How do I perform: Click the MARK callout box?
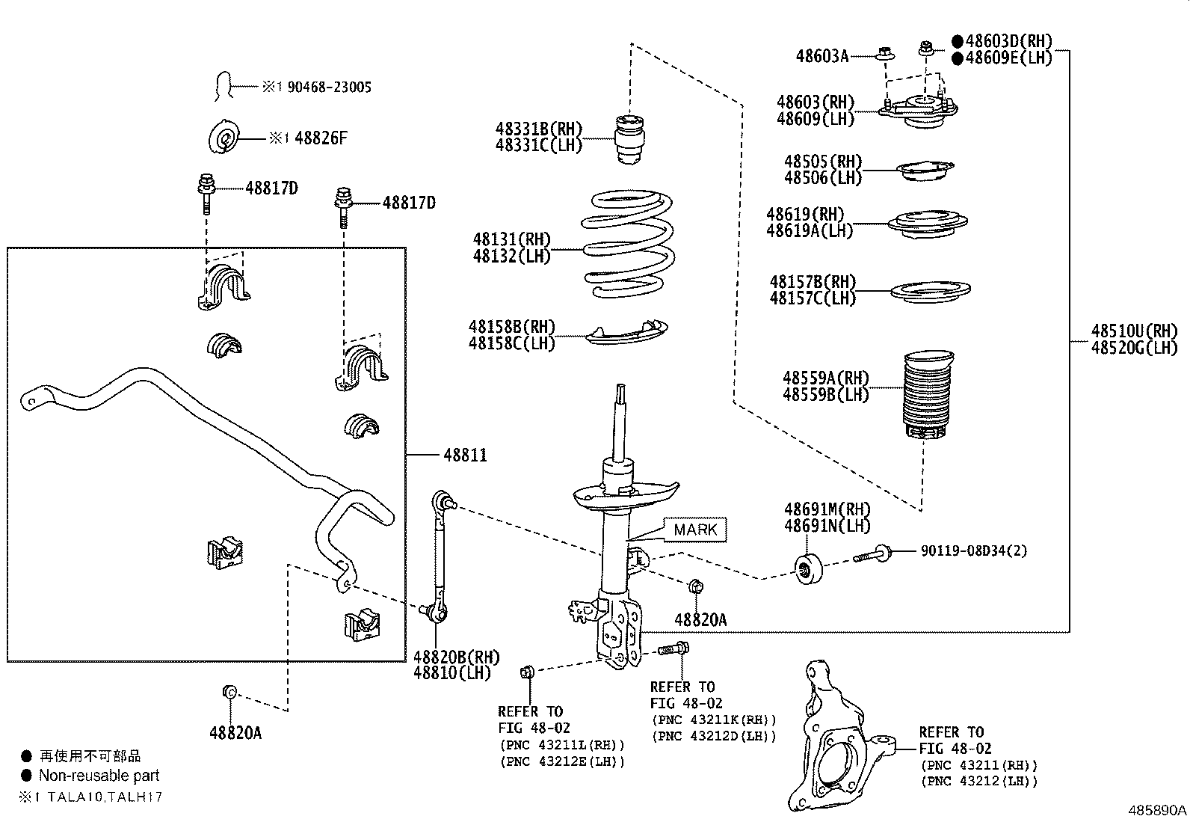pos(695,530)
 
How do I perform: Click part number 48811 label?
pos(465,455)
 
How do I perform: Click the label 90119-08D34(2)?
pos(974,550)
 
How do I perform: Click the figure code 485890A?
pos(1157,811)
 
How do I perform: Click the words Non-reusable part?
pos(99,776)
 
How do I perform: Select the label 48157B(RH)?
pos(813,282)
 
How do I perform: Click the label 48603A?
pos(822,55)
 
